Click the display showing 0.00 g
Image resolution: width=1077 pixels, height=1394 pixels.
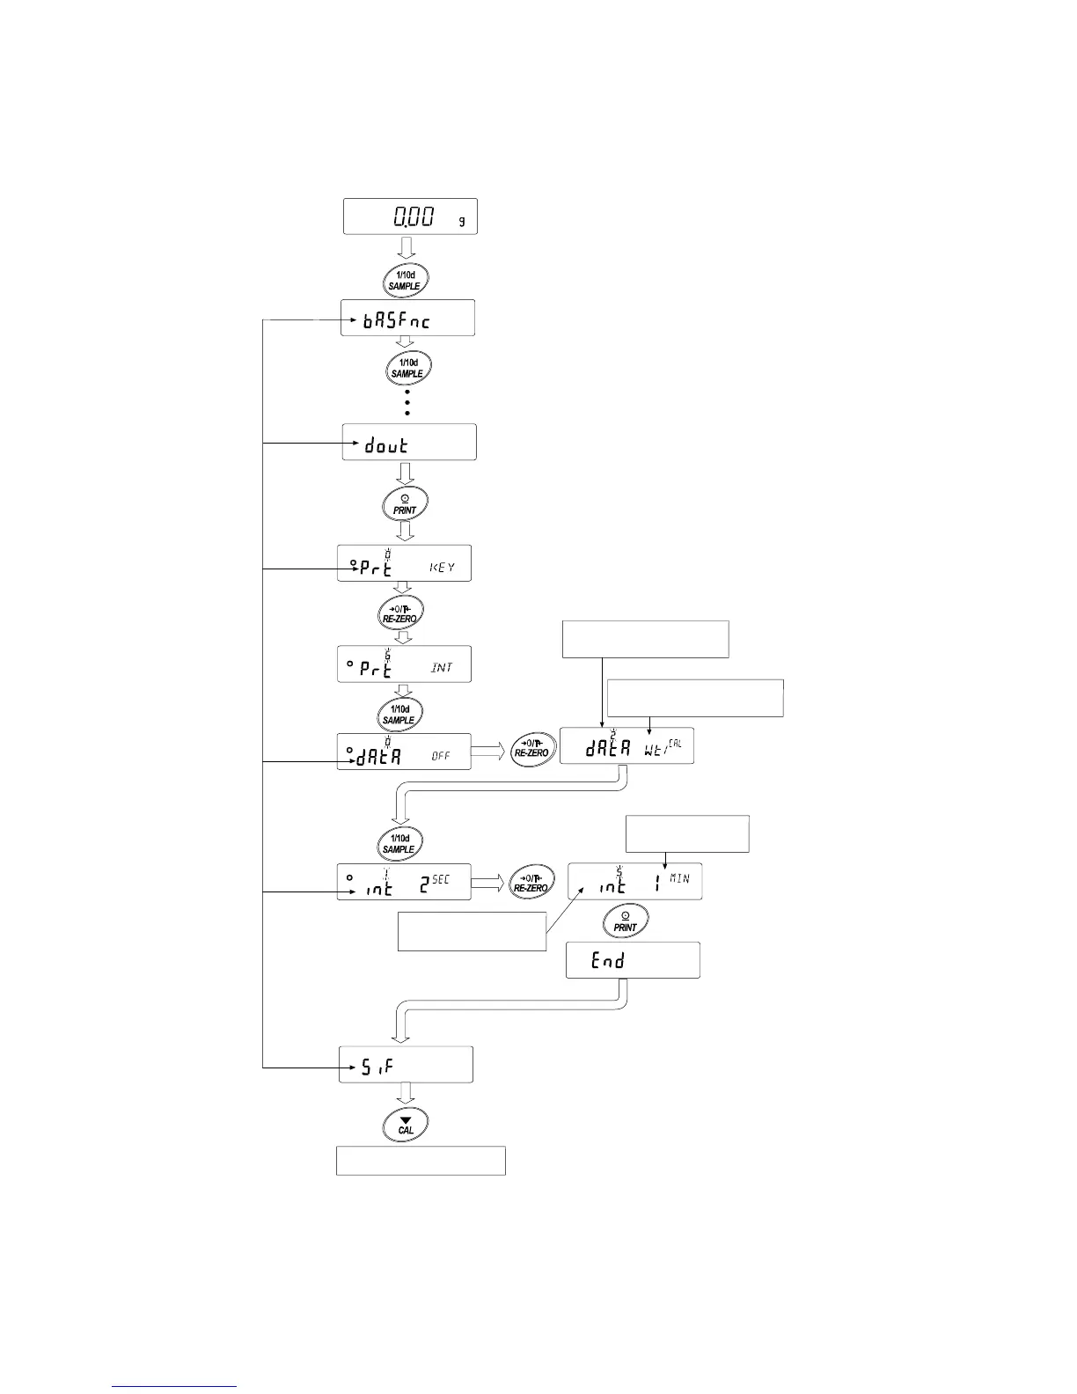pyautogui.click(x=410, y=216)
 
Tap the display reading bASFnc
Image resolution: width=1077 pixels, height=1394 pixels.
pyautogui.click(x=407, y=318)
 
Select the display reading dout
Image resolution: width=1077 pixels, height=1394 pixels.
pyautogui.click(x=409, y=442)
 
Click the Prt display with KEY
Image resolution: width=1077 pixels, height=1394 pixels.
pyautogui.click(x=404, y=563)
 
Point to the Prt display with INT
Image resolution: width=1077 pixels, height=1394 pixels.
pyautogui.click(x=404, y=664)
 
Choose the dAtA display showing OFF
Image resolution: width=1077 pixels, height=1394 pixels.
pyautogui.click(x=404, y=752)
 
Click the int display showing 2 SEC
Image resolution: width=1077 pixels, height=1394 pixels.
pyautogui.click(x=404, y=881)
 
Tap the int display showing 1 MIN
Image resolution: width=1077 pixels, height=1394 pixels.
pyautogui.click(x=634, y=881)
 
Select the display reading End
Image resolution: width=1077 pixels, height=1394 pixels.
pyautogui.click(x=633, y=960)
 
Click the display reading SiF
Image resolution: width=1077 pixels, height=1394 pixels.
pyautogui.click(x=406, y=1065)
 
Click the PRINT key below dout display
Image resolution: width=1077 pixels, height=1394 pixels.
pyautogui.click(x=405, y=504)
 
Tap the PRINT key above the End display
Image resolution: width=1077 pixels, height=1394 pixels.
pyautogui.click(x=625, y=921)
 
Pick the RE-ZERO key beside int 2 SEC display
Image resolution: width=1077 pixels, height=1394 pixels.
pyautogui.click(x=532, y=882)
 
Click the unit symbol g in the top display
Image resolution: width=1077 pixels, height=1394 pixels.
pyautogui.click(x=462, y=220)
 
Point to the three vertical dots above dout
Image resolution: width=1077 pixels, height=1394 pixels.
pyautogui.click(x=407, y=403)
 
